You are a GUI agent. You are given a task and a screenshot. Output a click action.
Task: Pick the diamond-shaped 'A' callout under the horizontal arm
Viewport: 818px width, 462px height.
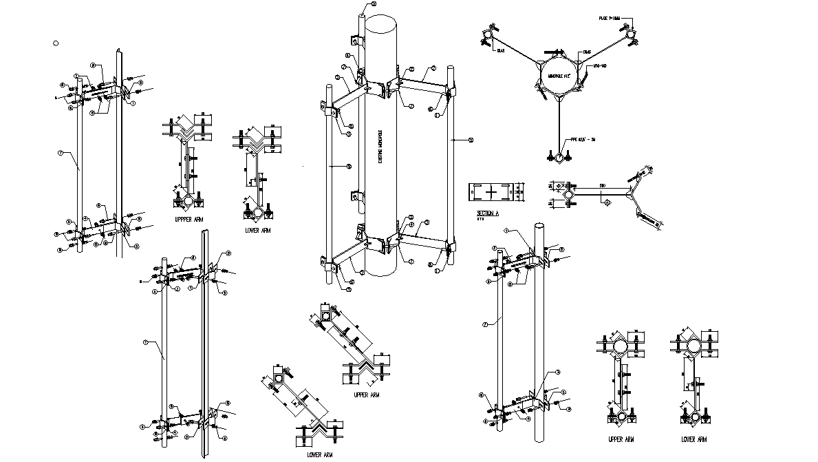click(x=607, y=201)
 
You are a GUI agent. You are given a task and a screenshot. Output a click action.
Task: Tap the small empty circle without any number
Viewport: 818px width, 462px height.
click(x=56, y=43)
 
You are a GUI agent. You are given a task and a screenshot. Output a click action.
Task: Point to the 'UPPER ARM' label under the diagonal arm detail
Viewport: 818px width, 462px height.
click(x=366, y=395)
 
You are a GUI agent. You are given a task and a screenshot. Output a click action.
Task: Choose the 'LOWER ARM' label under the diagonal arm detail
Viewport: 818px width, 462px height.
click(x=320, y=454)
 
